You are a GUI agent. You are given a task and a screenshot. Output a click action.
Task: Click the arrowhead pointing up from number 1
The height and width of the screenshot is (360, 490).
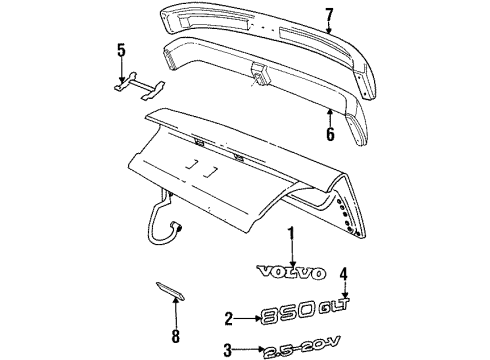[x=290, y=256]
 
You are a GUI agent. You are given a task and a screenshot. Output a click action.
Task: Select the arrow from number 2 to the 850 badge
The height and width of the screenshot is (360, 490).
[x=244, y=318]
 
